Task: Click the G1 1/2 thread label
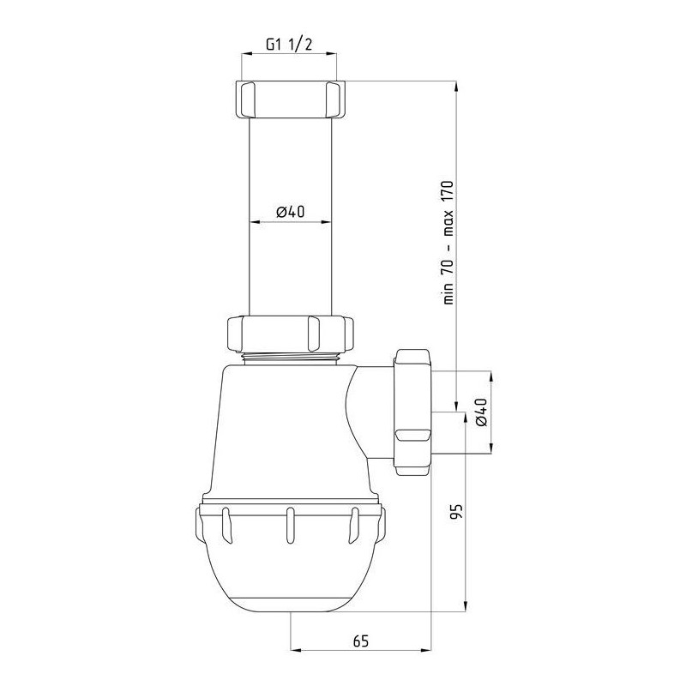[x=289, y=45]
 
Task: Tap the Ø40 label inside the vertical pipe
[x=290, y=212]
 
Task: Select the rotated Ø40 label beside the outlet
[x=480, y=412]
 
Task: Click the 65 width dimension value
[x=361, y=641]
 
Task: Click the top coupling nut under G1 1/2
[x=290, y=99]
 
